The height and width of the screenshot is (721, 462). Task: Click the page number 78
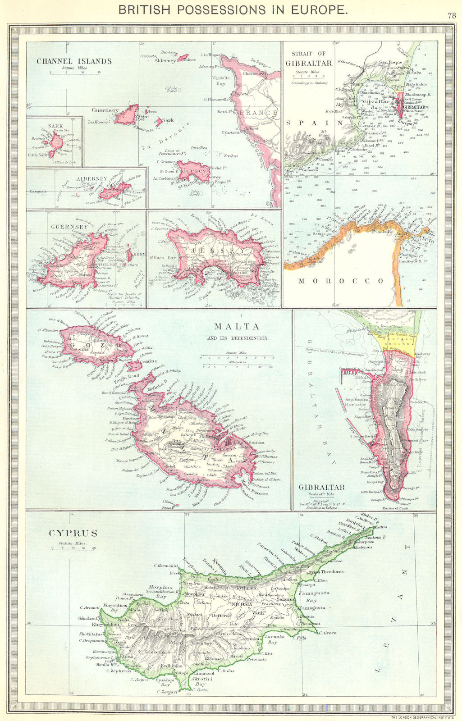pyautogui.click(x=452, y=15)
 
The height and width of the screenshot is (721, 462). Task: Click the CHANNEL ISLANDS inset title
pyautogui.click(x=74, y=61)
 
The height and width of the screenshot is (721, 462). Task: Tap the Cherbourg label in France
pyautogui.click(x=253, y=73)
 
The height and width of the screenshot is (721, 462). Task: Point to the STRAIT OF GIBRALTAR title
pyautogui.click(x=309, y=59)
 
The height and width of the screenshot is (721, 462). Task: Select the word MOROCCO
pyautogui.click(x=341, y=281)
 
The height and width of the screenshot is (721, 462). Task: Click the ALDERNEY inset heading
pyautogui.click(x=92, y=178)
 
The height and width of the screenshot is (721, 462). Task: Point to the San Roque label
pyautogui.click(x=390, y=62)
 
